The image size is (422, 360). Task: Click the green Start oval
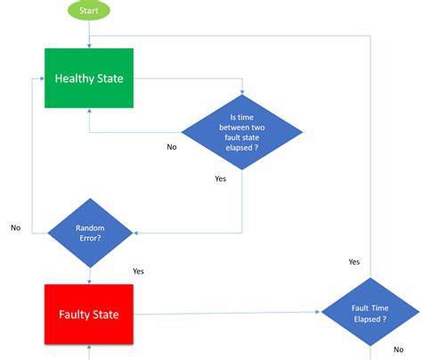tap(89, 12)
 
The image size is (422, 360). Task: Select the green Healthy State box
tap(89, 78)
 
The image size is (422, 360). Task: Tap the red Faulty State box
tap(89, 315)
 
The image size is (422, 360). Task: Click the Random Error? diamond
tap(89, 233)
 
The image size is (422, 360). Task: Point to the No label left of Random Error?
tap(15, 227)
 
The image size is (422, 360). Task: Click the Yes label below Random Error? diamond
tap(138, 271)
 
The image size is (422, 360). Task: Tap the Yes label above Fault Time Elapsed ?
tap(353, 261)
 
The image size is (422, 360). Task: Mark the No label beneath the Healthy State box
tap(171, 147)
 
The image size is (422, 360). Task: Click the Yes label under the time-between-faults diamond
tap(220, 178)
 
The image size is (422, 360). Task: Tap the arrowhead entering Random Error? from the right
tap(137, 233)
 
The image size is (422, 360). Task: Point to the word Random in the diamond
tap(89, 227)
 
